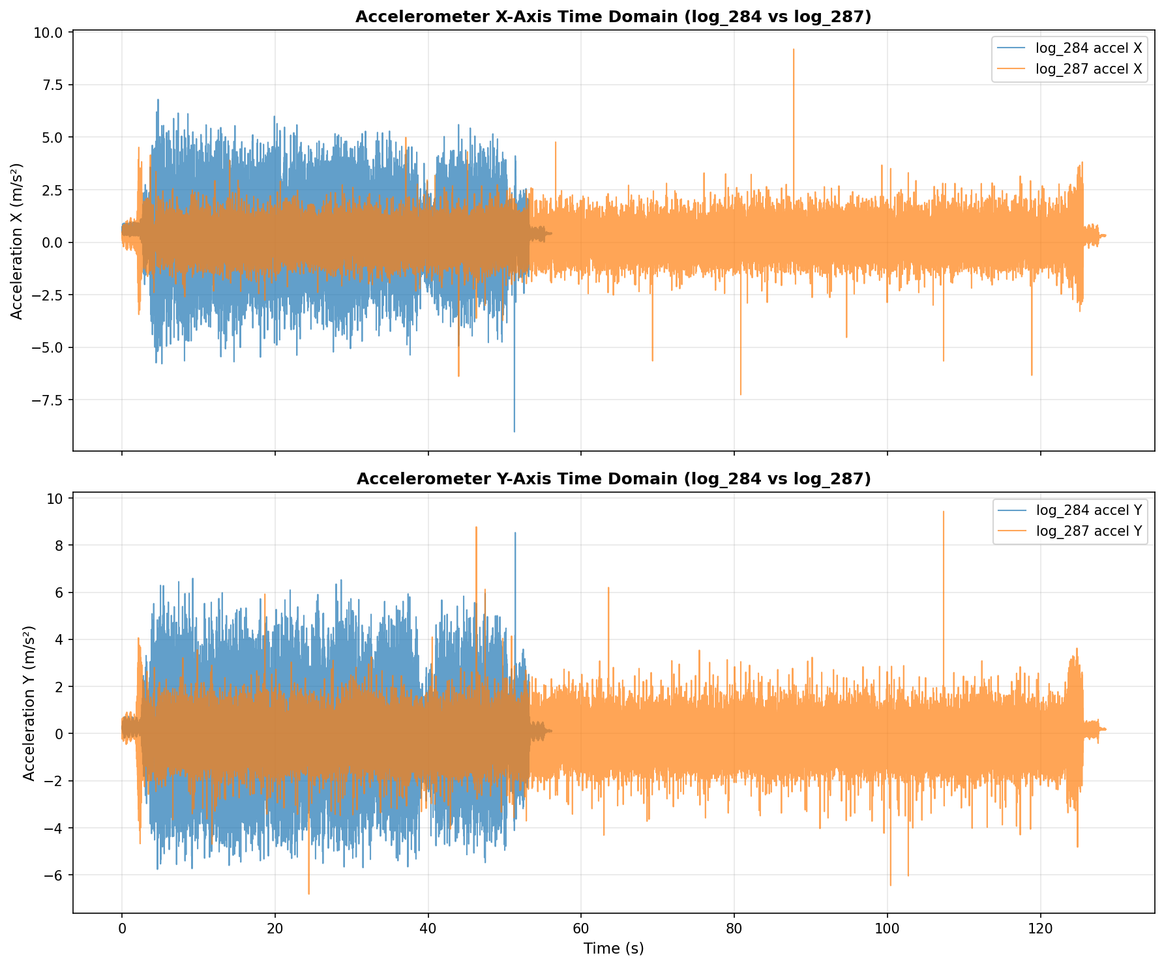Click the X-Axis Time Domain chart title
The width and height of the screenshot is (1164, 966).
(x=613, y=18)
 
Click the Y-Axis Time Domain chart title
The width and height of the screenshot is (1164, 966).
(x=613, y=479)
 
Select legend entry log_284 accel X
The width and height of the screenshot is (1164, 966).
(x=1088, y=48)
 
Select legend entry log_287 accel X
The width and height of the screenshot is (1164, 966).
(x=1088, y=70)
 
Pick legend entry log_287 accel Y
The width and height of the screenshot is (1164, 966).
(x=1088, y=531)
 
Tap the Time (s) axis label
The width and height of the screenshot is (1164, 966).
(x=613, y=948)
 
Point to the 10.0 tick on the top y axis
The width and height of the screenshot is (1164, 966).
(x=50, y=32)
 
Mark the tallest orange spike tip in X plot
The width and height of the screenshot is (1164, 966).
(x=794, y=49)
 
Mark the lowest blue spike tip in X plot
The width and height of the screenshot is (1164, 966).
(x=515, y=432)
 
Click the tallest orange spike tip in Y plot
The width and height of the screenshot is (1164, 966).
(x=943, y=512)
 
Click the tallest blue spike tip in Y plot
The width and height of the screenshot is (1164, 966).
(x=515, y=533)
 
